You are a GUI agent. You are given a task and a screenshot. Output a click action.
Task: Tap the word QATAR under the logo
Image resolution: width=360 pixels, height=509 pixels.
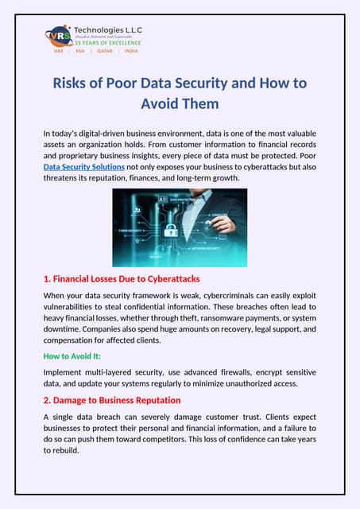click(x=105, y=50)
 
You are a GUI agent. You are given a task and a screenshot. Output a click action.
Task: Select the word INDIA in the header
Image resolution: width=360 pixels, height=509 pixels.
click(x=131, y=50)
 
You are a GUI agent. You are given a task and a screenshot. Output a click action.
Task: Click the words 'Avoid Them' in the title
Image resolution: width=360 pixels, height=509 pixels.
click(x=180, y=103)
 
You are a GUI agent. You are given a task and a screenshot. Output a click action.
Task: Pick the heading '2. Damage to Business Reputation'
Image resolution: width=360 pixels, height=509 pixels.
click(x=112, y=400)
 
